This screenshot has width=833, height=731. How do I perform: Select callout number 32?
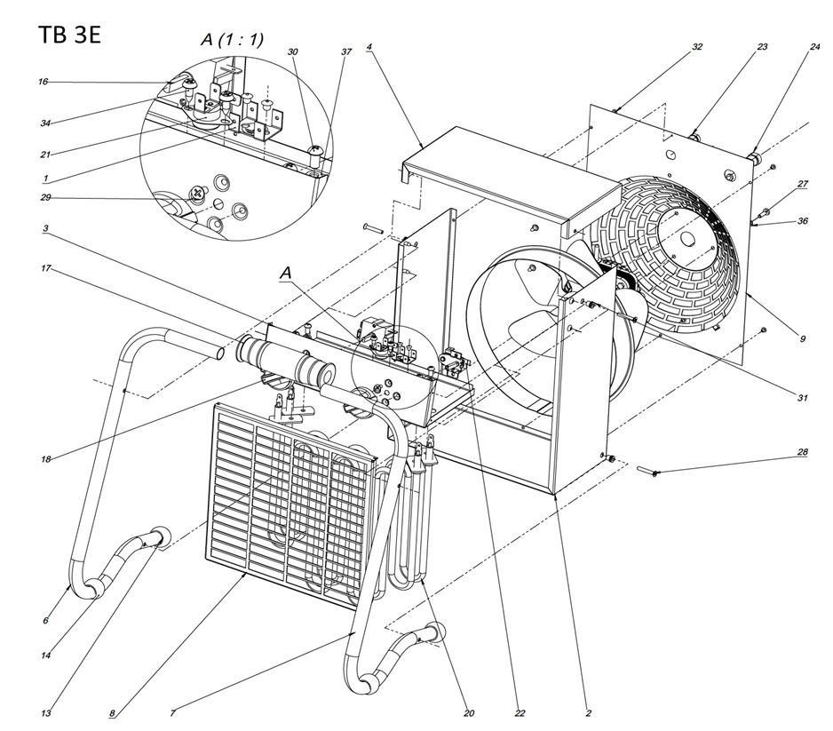[697, 46]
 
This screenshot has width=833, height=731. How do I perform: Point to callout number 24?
[814, 46]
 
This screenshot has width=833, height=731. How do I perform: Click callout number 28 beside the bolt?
[802, 453]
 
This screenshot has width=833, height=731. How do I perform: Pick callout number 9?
[802, 338]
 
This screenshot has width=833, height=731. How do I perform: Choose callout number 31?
[802, 397]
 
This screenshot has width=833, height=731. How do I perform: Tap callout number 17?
[44, 267]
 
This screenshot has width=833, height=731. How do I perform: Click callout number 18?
[44, 459]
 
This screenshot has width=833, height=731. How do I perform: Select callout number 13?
[44, 712]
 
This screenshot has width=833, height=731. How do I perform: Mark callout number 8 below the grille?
[112, 712]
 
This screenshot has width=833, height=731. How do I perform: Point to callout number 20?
[469, 712]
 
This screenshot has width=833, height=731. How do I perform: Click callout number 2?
[588, 712]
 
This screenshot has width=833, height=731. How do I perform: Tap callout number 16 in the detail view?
[43, 82]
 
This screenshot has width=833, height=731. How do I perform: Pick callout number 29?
[43, 196]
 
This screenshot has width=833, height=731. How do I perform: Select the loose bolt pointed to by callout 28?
[646, 472]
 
